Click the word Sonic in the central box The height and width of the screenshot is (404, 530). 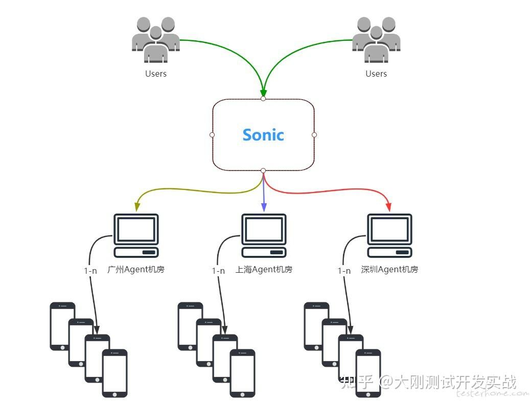(263, 135)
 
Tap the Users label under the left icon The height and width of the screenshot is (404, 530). (155, 74)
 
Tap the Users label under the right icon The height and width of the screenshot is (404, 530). (376, 74)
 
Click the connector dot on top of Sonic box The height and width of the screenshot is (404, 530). (263, 99)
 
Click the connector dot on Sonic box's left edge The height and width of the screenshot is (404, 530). (212, 135)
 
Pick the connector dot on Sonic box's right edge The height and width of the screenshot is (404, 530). (314, 135)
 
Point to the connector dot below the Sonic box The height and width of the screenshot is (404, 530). (263, 171)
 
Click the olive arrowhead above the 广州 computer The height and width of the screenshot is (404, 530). (137, 207)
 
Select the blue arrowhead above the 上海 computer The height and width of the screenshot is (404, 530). (264, 207)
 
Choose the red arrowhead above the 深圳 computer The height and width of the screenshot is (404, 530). (388, 207)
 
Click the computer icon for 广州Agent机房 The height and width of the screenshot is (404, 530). (135, 235)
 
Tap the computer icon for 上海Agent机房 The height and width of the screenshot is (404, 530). (264, 235)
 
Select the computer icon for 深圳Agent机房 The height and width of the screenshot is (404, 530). (389, 235)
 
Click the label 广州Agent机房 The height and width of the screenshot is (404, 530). (136, 269)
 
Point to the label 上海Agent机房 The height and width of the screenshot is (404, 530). (264, 269)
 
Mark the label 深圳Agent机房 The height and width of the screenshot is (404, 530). (389, 269)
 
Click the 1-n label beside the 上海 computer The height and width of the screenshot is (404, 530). (218, 271)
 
